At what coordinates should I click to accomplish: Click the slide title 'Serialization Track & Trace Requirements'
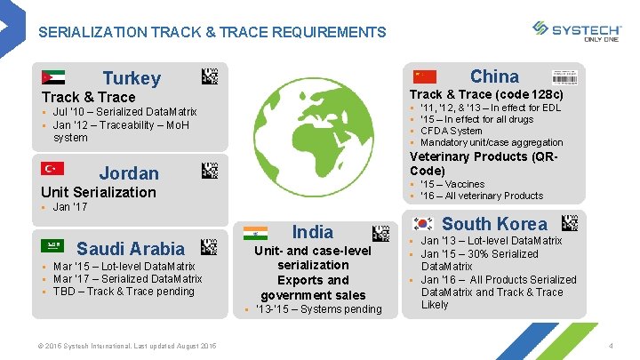[x=212, y=33]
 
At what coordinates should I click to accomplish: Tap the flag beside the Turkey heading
[x=52, y=76]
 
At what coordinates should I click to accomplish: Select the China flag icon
[x=426, y=76]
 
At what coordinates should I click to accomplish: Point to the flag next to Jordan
[x=52, y=169]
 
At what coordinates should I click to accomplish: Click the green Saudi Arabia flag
[x=52, y=245]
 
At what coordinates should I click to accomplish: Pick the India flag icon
[x=255, y=233]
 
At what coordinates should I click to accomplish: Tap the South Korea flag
[x=423, y=223]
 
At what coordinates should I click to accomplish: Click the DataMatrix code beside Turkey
[x=210, y=76]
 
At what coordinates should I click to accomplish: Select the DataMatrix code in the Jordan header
[x=210, y=170]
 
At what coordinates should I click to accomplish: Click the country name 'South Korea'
[x=494, y=224]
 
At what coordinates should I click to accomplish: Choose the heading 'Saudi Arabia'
[x=131, y=249]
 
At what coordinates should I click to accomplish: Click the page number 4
[x=612, y=345]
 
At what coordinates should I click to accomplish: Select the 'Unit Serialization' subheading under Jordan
[x=99, y=192]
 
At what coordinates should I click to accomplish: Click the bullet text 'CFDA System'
[x=451, y=131]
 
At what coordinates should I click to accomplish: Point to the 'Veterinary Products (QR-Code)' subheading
[x=484, y=164]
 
